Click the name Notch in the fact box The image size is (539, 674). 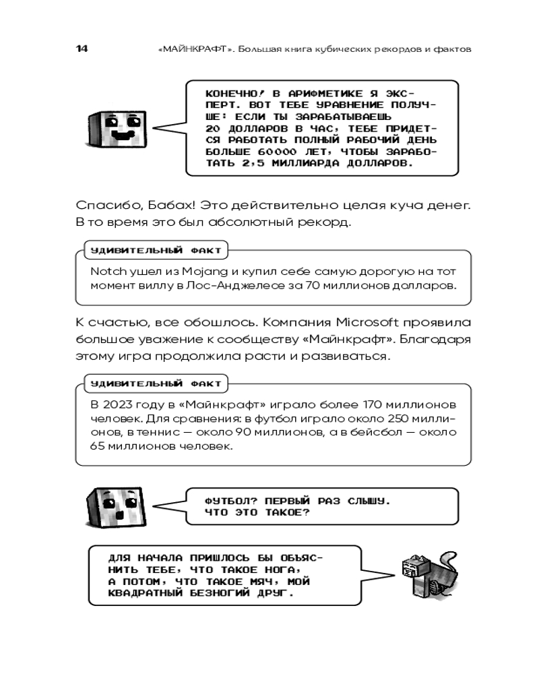tap(104, 271)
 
